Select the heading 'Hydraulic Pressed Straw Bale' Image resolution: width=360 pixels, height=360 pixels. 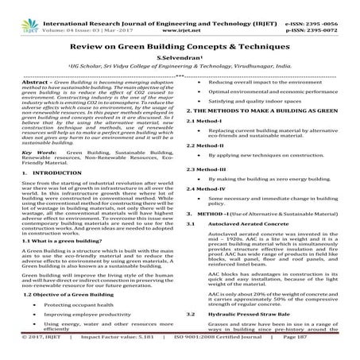[251, 337]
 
